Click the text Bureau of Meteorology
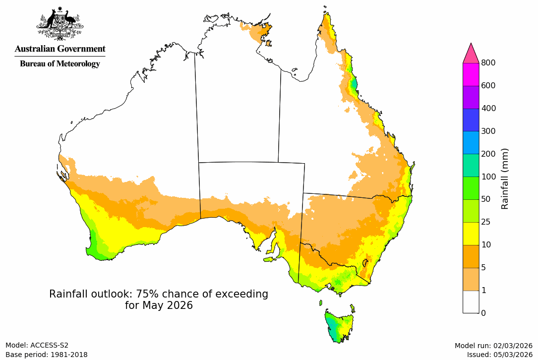60,63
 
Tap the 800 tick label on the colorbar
489,63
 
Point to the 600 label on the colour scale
489,86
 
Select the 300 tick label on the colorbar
489,131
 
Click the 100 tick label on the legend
489,177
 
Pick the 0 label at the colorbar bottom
483,313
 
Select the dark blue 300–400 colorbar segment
471,120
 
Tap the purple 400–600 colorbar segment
471,97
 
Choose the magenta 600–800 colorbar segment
471,74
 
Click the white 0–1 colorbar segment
471,301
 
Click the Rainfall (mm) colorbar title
505,179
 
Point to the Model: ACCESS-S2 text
37,346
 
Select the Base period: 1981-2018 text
47,355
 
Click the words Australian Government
60,49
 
